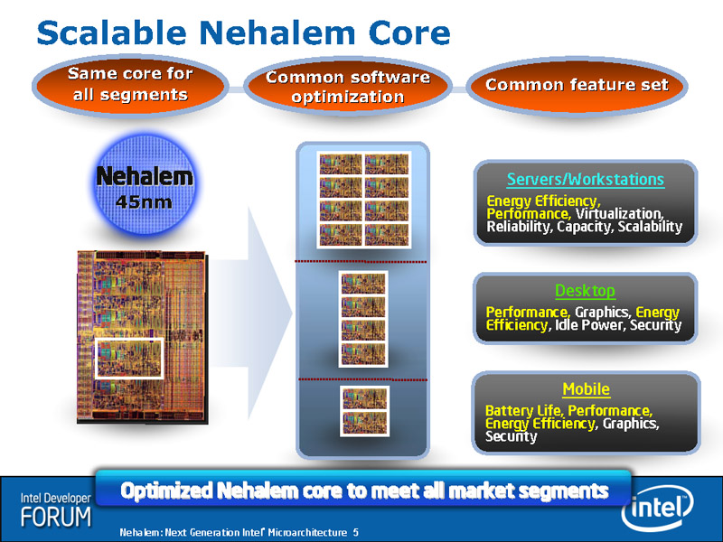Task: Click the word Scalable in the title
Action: tap(111, 33)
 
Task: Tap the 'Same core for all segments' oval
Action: tap(130, 85)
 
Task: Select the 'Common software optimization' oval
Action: tap(347, 87)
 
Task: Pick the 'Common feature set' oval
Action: tap(577, 85)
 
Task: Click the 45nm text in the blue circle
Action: tap(144, 201)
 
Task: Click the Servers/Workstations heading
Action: tap(586, 179)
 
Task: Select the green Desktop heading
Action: tap(585, 291)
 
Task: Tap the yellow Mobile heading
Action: tap(586, 389)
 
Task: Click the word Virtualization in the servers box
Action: tap(620, 214)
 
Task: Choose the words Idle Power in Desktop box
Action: tap(590, 325)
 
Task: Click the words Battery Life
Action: tap(524, 410)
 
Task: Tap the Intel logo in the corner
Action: tap(657, 509)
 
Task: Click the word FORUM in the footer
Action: tap(56, 517)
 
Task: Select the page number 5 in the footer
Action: tap(355, 532)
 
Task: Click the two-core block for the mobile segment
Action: tap(364, 411)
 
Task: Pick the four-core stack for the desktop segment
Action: tap(363, 319)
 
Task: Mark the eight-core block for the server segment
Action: tap(364, 200)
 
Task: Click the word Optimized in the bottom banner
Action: tap(167, 491)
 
